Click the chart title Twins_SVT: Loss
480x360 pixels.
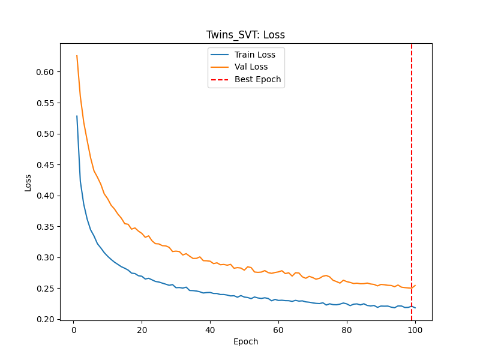click(x=245, y=35)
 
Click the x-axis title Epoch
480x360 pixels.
click(x=245, y=342)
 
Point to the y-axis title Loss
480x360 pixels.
click(x=28, y=182)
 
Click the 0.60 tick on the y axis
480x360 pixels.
click(x=44, y=72)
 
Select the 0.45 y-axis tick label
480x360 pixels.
click(x=44, y=165)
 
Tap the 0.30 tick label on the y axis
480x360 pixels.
click(x=44, y=257)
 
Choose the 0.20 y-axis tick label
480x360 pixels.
click(x=44, y=319)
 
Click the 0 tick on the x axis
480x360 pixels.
click(x=74, y=329)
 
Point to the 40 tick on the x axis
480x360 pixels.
click(x=210, y=329)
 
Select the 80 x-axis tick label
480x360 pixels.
click(x=347, y=329)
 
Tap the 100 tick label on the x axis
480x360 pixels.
click(x=415, y=329)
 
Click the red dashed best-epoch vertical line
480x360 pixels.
click(x=412, y=180)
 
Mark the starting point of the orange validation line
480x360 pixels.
click(x=77, y=56)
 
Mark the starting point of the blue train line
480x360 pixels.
click(x=77, y=116)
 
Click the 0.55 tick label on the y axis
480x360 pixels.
click(x=44, y=103)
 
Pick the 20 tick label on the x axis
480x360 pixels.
click(x=142, y=329)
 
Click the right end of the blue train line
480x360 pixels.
click(x=415, y=308)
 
